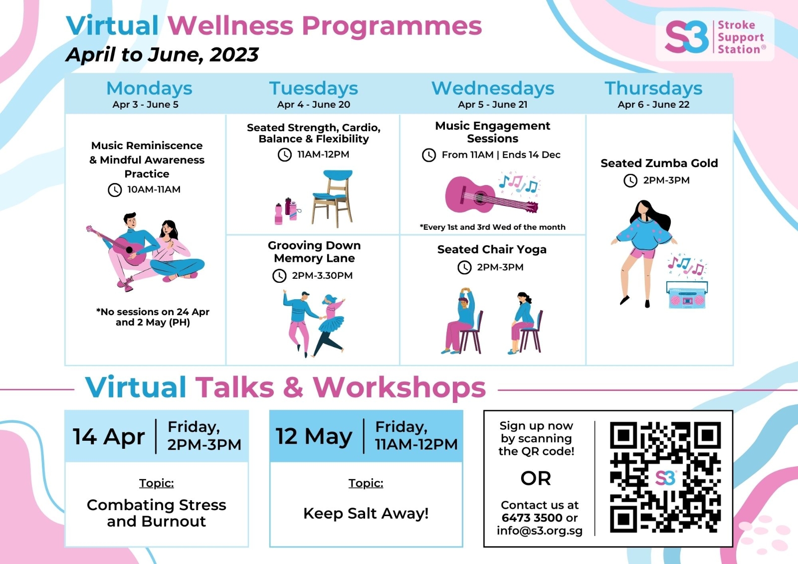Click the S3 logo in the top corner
[715, 36]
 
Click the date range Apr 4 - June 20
[314, 104]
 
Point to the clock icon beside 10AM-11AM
[115, 190]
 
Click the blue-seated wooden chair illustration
[332, 198]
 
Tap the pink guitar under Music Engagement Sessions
[492, 195]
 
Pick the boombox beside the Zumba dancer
[687, 295]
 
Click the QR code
[665, 477]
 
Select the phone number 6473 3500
[532, 518]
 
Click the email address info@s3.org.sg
[539, 531]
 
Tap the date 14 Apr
[109, 436]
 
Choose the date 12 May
[314, 436]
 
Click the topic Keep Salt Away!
[366, 514]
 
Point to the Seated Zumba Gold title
[659, 163]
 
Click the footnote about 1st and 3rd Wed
[492, 227]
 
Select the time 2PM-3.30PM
[322, 275]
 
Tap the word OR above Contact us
[536, 478]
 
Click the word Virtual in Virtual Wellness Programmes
[112, 25]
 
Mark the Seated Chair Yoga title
[492, 249]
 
